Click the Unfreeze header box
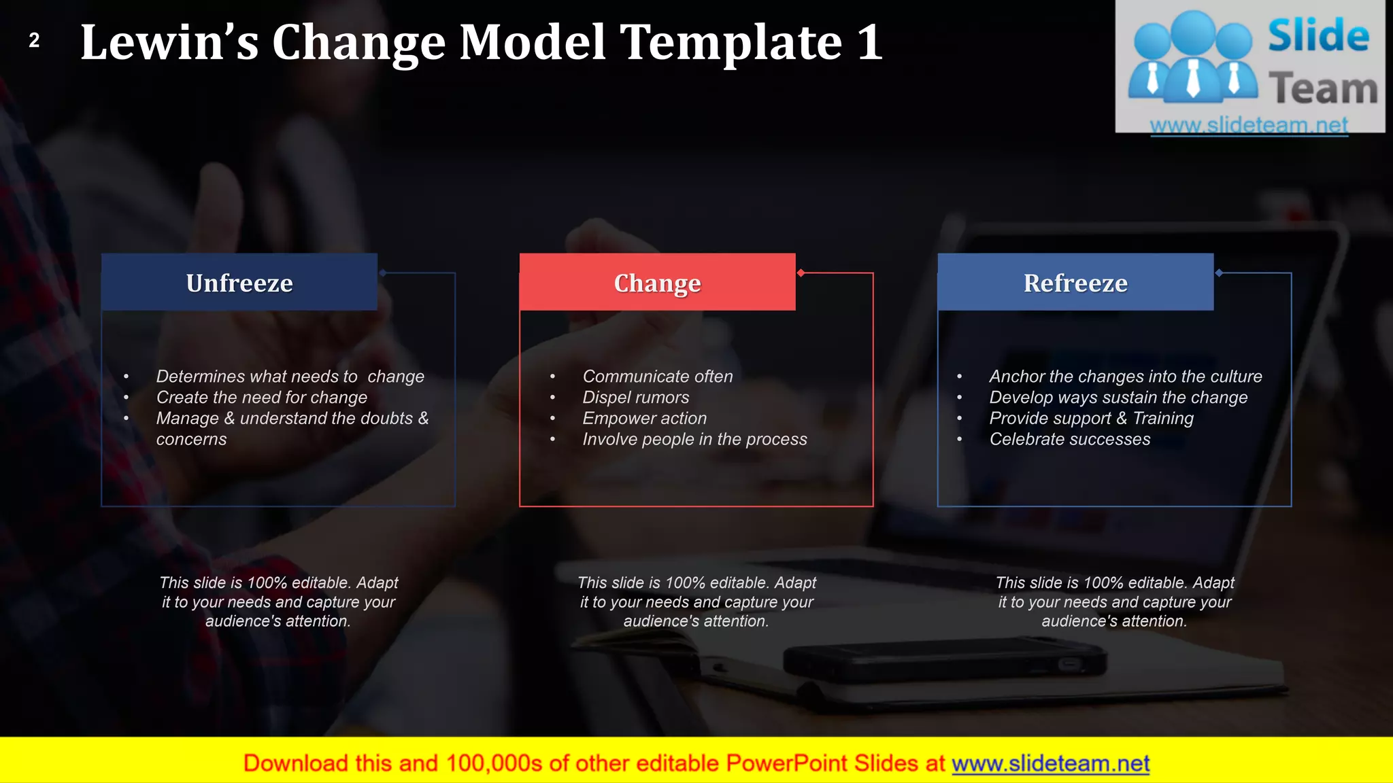tap(239, 283)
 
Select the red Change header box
tap(657, 283)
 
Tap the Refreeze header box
tap(1075, 283)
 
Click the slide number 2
tap(34, 41)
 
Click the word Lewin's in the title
tap(169, 43)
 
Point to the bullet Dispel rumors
tap(635, 398)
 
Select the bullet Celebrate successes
tap(1069, 440)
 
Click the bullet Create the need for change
tap(261, 398)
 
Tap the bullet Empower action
tap(644, 419)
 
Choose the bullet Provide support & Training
tap(1091, 419)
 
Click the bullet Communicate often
tap(657, 377)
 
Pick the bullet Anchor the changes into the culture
tap(1125, 377)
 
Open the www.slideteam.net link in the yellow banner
tap(1050, 763)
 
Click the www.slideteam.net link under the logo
tap(1249, 125)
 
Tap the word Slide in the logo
tap(1318, 36)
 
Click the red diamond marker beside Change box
tap(801, 273)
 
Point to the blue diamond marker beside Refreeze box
tap(1219, 273)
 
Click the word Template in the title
tap(731, 43)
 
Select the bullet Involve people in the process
tap(694, 440)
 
